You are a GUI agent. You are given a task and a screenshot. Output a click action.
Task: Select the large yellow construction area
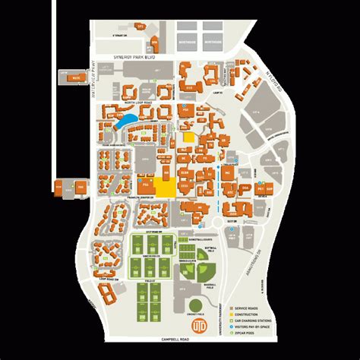pos(165,189)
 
